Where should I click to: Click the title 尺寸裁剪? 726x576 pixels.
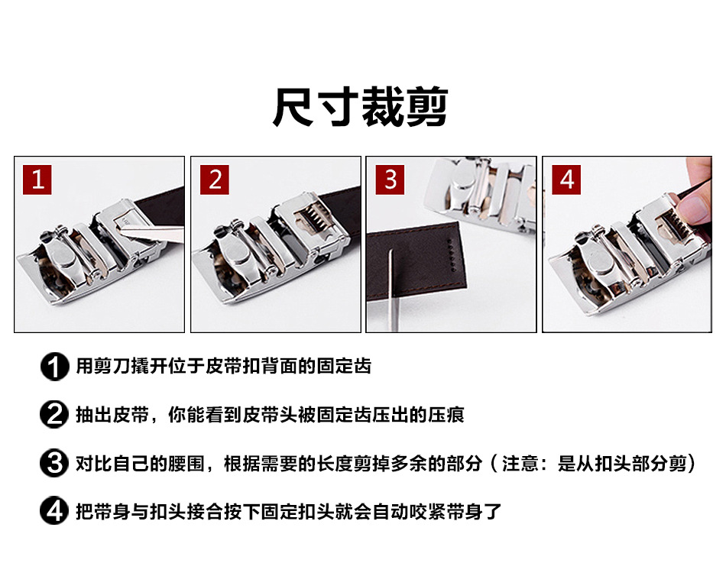coord(360,107)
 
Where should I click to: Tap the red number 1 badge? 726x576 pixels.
coord(37,180)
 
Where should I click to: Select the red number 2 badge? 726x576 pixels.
coord(215,180)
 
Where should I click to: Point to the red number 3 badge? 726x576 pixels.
coord(390,180)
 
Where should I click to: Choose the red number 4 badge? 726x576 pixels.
coord(566,180)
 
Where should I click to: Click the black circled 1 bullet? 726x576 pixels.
coord(54,367)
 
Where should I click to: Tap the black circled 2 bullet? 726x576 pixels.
coord(54,415)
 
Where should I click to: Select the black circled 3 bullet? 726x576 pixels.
coord(54,464)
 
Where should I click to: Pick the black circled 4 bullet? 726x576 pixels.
coord(54,511)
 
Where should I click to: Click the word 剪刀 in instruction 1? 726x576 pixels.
coord(103,366)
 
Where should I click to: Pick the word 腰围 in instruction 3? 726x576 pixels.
coord(186,463)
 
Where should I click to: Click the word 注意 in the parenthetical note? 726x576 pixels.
coord(520,463)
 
